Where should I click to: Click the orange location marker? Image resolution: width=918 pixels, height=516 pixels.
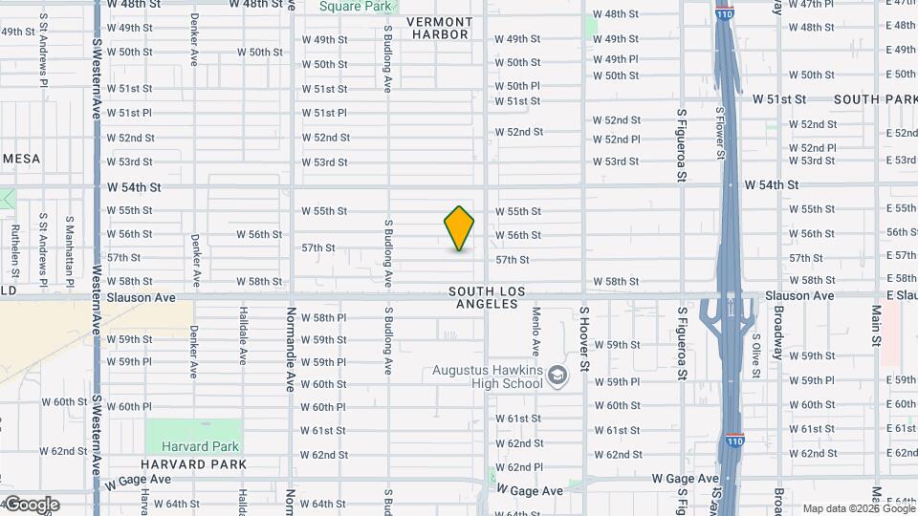[x=459, y=228]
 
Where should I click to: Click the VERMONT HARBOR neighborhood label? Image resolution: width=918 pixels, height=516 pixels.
[x=440, y=28]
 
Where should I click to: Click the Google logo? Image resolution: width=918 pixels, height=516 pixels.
[x=31, y=505]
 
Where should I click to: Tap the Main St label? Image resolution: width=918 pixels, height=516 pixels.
[x=876, y=325]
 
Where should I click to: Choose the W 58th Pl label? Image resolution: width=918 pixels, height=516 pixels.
[x=323, y=317]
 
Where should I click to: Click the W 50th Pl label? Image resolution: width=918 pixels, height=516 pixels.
[x=517, y=86]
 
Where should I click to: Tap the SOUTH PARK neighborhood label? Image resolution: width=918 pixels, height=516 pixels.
[x=876, y=99]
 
